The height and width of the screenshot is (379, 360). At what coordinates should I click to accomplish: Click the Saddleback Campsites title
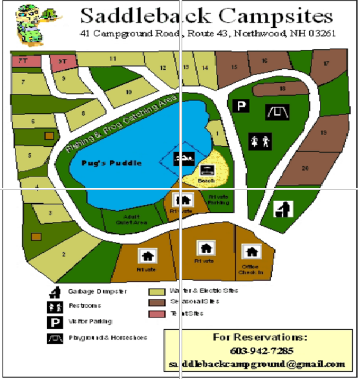[x=207, y=16]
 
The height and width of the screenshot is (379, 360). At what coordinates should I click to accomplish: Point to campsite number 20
[x=305, y=168]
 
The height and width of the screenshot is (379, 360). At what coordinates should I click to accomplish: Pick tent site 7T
[x=22, y=61]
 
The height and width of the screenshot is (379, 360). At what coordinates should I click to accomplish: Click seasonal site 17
[x=326, y=64]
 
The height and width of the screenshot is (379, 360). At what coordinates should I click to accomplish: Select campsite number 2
[x=63, y=254]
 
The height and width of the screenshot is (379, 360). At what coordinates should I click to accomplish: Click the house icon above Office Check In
[x=250, y=251]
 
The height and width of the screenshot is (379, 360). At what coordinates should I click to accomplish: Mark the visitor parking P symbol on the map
[x=241, y=106]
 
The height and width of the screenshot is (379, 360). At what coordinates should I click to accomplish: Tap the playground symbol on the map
[x=277, y=112]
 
